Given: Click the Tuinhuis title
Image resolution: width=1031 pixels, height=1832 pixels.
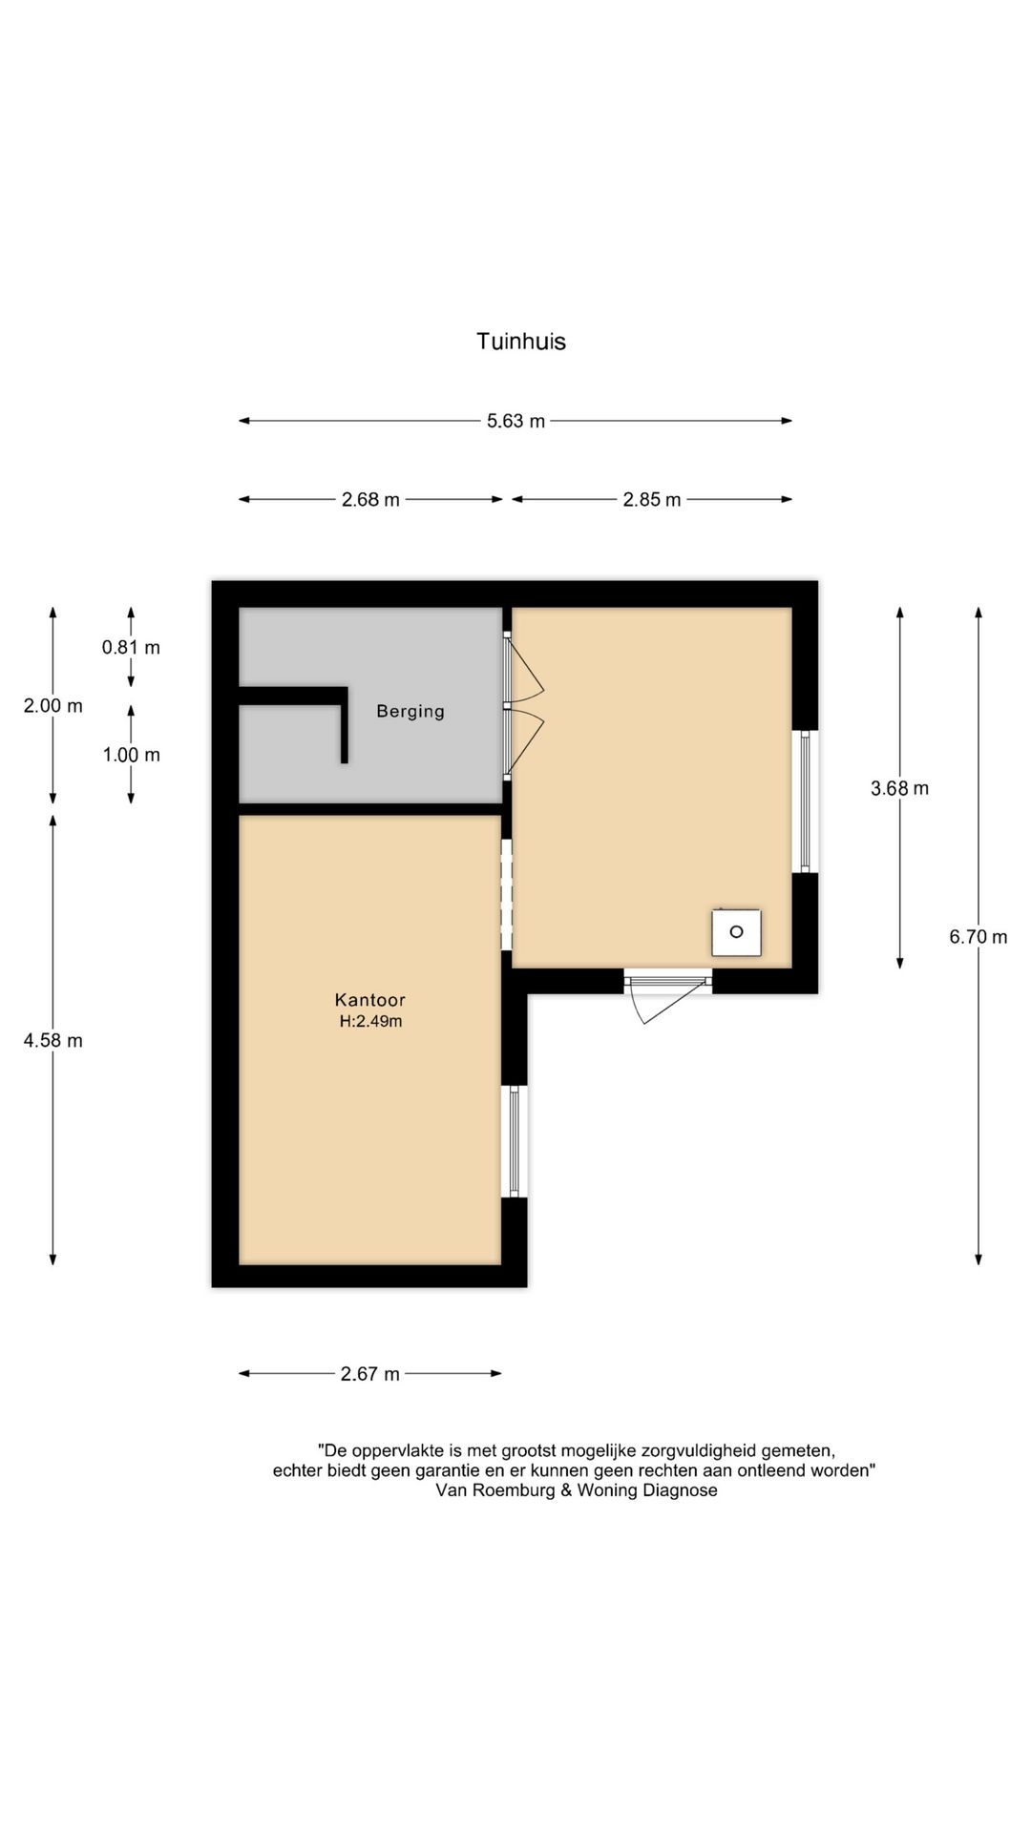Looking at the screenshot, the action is point(521,342).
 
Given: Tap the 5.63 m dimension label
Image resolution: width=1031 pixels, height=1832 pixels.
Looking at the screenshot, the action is point(515,421).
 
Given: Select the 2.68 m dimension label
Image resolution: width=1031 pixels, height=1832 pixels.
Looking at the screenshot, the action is point(370,499).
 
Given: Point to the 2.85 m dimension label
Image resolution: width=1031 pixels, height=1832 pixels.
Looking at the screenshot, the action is point(652,499).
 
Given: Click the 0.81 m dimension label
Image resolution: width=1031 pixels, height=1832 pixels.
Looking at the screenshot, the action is point(131,647).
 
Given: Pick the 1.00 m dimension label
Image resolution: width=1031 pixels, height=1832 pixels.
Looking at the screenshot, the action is point(131,755).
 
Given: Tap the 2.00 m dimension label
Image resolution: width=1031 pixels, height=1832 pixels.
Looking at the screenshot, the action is point(53,705).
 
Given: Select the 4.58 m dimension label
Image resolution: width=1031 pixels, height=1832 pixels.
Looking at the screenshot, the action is point(53,1040).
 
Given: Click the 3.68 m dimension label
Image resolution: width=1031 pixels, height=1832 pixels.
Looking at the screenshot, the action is point(899,788).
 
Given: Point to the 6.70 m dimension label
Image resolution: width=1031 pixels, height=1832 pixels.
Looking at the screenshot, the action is point(978,937).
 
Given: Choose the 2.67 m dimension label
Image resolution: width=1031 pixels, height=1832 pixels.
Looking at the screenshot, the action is point(369,1374).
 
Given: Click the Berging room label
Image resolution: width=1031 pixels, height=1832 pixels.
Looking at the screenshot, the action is point(410,712).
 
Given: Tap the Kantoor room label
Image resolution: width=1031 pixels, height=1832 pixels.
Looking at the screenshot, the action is point(369,1000).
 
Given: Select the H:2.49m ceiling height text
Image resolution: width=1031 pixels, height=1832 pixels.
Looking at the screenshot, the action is point(370,1021).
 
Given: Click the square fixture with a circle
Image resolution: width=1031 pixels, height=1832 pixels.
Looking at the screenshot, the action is point(736,932).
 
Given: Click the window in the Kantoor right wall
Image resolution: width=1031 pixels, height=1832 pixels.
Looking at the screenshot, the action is point(514,1141).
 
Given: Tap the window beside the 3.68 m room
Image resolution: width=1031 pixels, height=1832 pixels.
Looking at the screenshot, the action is point(805,801).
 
